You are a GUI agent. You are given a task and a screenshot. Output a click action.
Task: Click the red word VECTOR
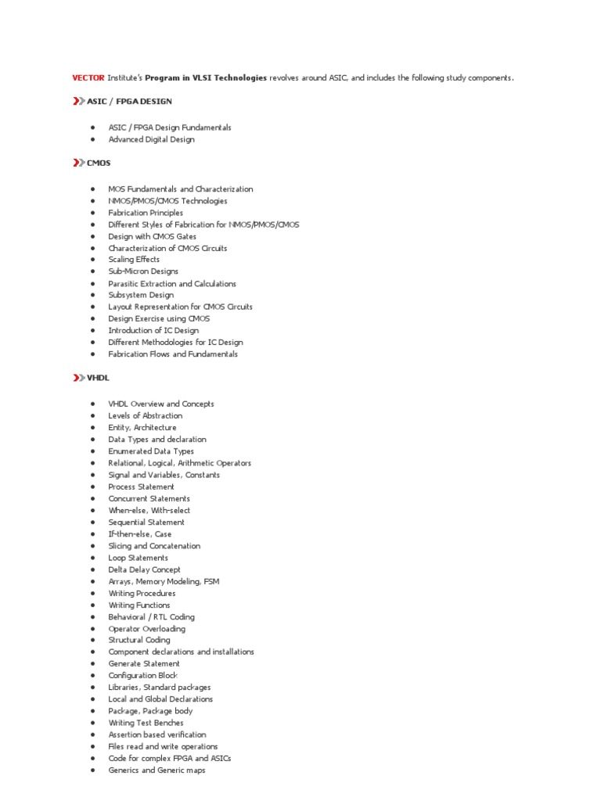[88, 78]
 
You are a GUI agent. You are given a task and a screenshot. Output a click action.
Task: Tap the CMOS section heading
[99, 163]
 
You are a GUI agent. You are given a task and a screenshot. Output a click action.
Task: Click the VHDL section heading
[99, 378]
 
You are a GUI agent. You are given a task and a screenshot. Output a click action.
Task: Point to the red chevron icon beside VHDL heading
[77, 378]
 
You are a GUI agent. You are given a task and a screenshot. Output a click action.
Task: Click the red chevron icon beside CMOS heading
[77, 163]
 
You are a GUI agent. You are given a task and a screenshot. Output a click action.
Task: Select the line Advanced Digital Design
[151, 139]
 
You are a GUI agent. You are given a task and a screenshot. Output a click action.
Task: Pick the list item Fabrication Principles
[146, 213]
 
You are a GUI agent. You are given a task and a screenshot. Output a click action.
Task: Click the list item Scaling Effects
[134, 260]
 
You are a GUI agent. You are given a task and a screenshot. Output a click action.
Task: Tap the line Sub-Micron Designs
[143, 271]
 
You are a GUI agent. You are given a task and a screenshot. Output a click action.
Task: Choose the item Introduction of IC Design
[153, 330]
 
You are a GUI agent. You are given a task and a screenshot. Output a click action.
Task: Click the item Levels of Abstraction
[145, 416]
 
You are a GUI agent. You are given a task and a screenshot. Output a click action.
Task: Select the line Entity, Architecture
[142, 428]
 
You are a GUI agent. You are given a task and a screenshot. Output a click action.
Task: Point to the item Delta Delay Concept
[144, 569]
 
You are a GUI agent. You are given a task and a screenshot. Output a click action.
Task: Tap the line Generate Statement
[144, 664]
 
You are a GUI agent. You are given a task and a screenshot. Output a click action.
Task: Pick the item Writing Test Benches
[146, 723]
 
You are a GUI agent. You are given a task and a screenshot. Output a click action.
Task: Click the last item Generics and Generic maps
[157, 770]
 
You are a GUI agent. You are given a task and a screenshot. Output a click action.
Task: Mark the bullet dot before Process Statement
[92, 487]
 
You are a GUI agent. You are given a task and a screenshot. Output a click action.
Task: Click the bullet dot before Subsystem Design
[92, 295]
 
